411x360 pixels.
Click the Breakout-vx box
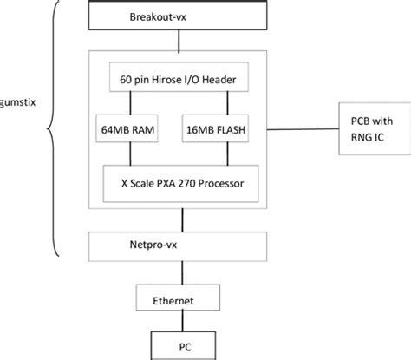pyautogui.click(x=175, y=18)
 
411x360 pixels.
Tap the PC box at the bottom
pyautogui.click(x=185, y=344)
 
